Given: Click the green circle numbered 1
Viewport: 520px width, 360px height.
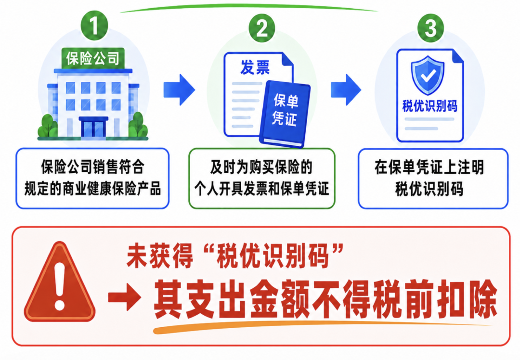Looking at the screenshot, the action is click(x=94, y=26).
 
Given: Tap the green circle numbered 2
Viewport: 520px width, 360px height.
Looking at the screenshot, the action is click(x=262, y=28).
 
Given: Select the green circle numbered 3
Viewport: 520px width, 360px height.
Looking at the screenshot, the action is click(x=430, y=27).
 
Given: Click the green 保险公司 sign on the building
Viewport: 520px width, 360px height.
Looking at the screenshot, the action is click(x=93, y=58).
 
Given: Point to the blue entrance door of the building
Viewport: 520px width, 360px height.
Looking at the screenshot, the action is click(x=93, y=128).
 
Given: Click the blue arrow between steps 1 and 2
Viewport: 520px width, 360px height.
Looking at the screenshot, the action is click(x=179, y=90).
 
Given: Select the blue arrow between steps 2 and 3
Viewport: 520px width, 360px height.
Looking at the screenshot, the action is click(x=346, y=90).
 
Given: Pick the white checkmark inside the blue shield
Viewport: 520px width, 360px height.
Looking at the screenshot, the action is click(x=428, y=76).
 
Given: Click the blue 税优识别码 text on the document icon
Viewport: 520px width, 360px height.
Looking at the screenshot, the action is click(x=430, y=106).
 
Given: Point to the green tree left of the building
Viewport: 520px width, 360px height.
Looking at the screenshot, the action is click(x=49, y=126).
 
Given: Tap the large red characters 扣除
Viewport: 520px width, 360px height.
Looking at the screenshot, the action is click(x=467, y=299).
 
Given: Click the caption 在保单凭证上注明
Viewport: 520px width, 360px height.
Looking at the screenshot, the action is click(x=429, y=167).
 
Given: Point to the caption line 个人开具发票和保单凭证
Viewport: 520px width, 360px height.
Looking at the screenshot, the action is click(x=261, y=189).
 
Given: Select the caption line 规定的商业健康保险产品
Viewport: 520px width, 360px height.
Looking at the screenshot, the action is click(x=92, y=189).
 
